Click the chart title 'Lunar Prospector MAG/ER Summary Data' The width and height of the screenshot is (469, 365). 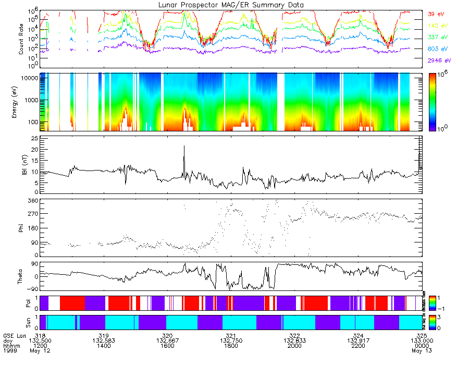click(x=231, y=5)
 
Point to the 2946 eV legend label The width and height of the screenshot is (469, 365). click(x=438, y=61)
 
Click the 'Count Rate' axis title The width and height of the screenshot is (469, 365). click(x=21, y=40)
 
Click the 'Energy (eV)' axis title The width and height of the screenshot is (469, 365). click(x=21, y=102)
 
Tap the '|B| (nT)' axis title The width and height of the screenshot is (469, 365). click(x=21, y=165)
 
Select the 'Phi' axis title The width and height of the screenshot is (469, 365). click(x=21, y=227)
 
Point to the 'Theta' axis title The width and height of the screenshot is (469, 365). click(x=21, y=276)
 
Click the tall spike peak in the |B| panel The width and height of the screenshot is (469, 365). click(x=184, y=147)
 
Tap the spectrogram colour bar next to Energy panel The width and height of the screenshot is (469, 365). click(x=435, y=102)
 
